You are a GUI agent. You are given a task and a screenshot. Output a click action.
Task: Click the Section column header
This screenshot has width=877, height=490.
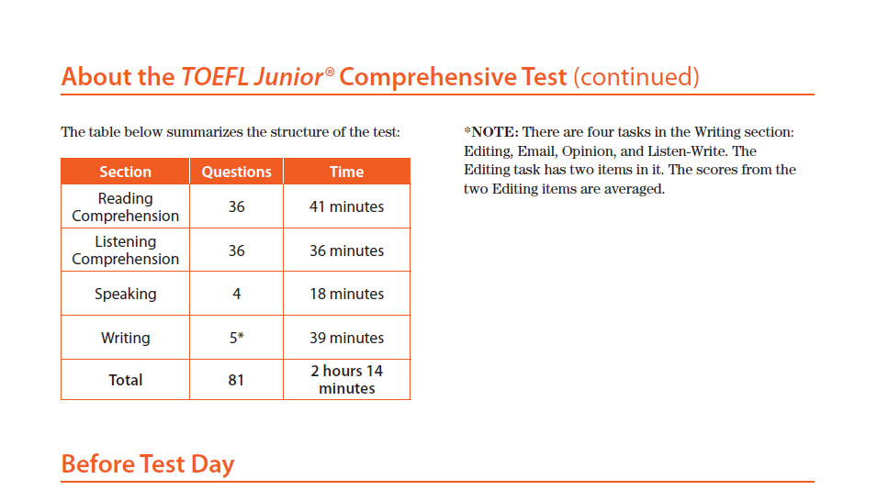tap(125, 172)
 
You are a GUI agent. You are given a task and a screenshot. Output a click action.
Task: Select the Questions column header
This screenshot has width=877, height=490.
tap(237, 172)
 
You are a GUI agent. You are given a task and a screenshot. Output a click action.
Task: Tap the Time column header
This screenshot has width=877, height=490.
tap(347, 172)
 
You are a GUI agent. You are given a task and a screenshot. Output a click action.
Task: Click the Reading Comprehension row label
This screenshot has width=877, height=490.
tap(125, 206)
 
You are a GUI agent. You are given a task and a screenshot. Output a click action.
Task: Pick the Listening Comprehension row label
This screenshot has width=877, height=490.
tap(125, 250)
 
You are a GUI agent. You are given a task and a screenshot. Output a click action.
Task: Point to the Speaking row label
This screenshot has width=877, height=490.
tap(125, 294)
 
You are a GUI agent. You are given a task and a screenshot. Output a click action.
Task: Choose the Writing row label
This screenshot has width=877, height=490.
tap(125, 338)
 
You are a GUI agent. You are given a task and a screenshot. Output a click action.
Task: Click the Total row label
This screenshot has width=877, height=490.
tap(125, 380)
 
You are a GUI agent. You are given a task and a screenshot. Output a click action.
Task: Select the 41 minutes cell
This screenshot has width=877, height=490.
tap(347, 206)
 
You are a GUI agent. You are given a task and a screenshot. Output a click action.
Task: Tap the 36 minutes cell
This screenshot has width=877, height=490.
tap(347, 251)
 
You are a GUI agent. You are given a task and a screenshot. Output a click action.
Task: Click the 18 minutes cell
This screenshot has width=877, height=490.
tap(347, 294)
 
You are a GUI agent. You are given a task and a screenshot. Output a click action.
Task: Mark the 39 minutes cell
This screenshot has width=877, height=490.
tap(347, 338)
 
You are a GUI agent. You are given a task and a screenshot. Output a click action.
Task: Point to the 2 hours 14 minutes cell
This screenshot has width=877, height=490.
tap(347, 379)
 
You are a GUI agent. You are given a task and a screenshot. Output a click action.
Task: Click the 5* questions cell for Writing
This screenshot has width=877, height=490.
tap(237, 338)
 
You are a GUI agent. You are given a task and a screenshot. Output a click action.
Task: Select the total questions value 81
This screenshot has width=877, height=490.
tap(236, 380)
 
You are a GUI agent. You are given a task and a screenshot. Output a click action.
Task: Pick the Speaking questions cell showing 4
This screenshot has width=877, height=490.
tap(237, 294)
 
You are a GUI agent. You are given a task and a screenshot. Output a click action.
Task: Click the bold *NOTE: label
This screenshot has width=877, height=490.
tap(491, 132)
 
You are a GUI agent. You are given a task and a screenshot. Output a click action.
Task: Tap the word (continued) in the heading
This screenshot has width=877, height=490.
tap(636, 76)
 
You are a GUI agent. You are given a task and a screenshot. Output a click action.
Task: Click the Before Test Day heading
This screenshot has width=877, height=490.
tap(148, 464)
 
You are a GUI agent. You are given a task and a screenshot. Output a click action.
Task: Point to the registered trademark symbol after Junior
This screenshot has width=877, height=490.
tap(330, 72)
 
